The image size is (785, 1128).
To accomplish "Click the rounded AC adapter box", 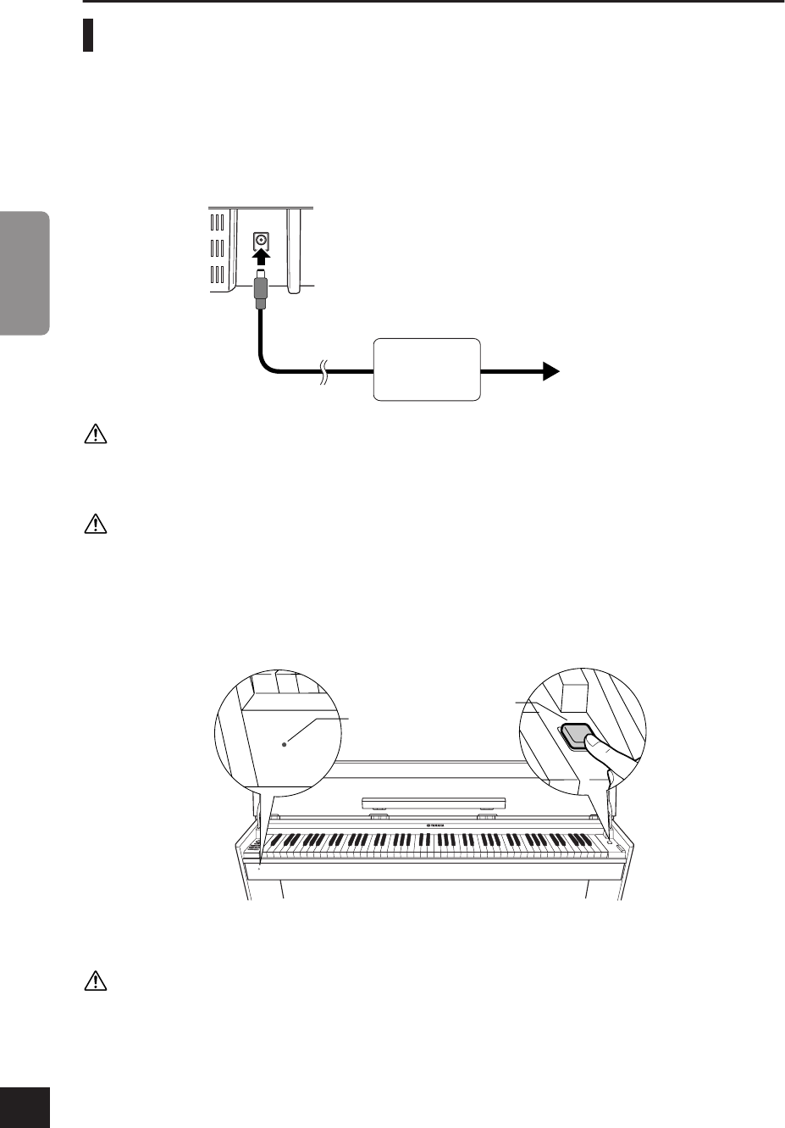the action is (x=428, y=370).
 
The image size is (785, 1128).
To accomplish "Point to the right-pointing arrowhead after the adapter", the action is (x=550, y=370).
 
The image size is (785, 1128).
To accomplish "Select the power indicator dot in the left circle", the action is (x=285, y=742).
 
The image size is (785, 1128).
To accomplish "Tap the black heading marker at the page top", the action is (x=88, y=36).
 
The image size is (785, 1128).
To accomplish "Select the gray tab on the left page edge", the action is (x=25, y=273).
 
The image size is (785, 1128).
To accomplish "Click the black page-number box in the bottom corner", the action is (x=25, y=1108).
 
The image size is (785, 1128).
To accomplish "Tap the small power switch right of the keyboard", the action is (x=608, y=842).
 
